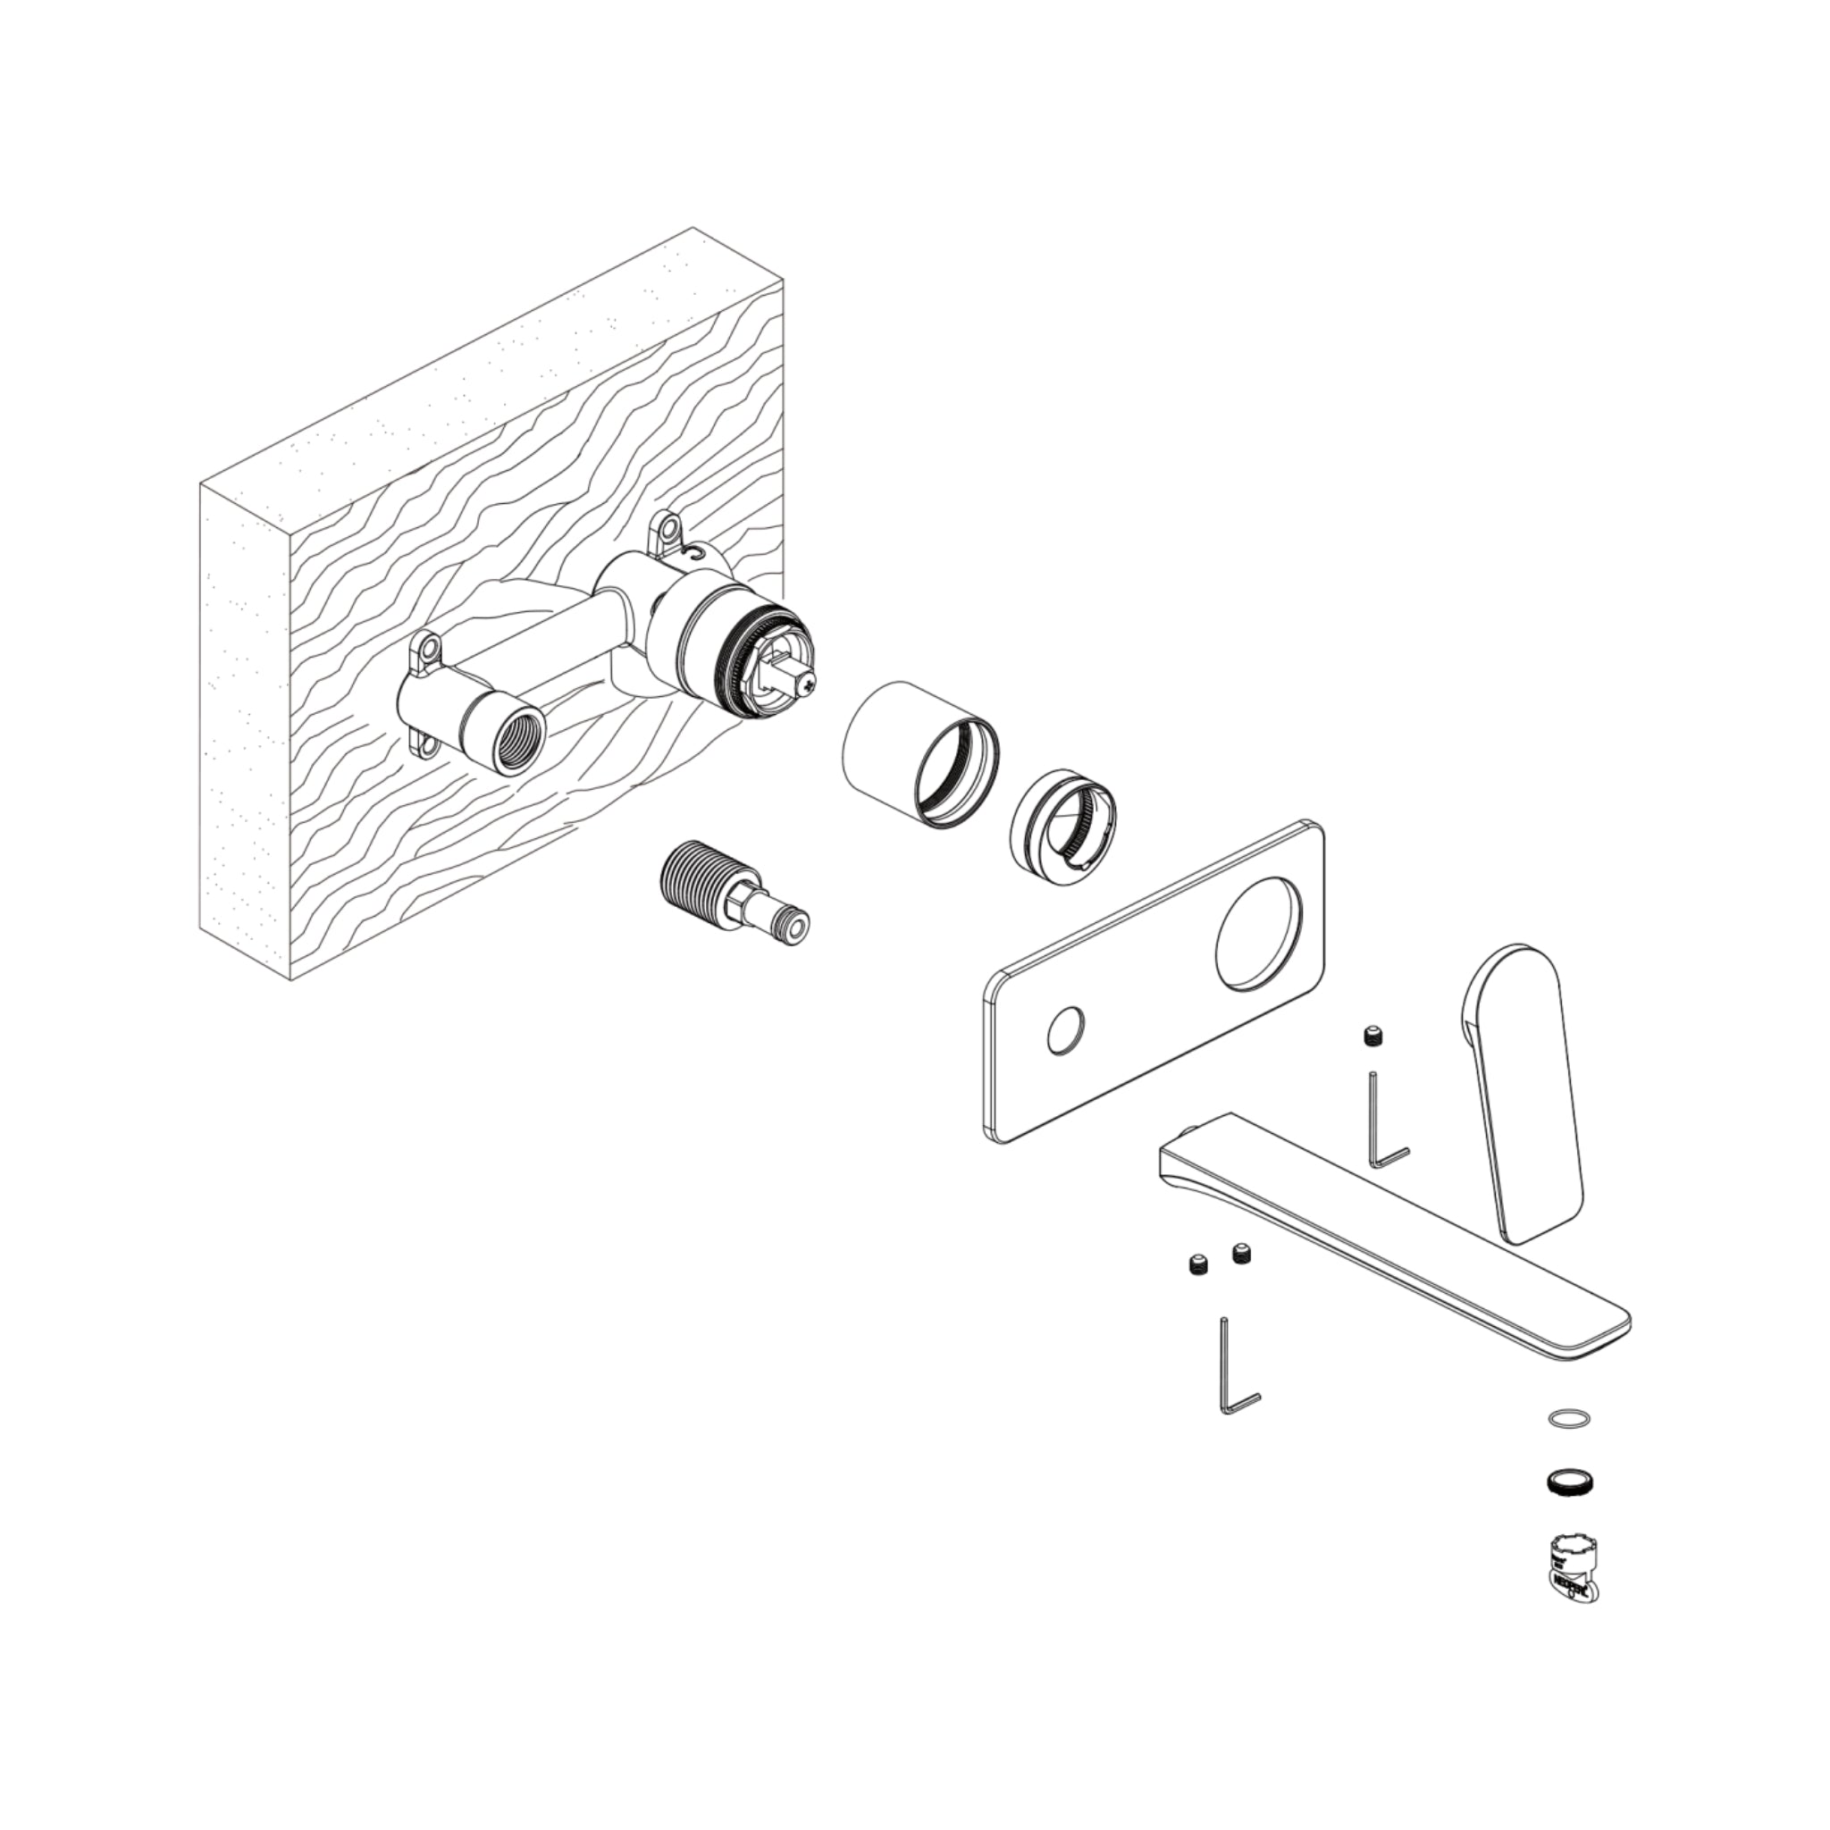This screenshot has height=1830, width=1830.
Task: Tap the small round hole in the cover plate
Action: click(1068, 1028)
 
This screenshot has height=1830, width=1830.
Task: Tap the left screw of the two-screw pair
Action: click(1198, 1263)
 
